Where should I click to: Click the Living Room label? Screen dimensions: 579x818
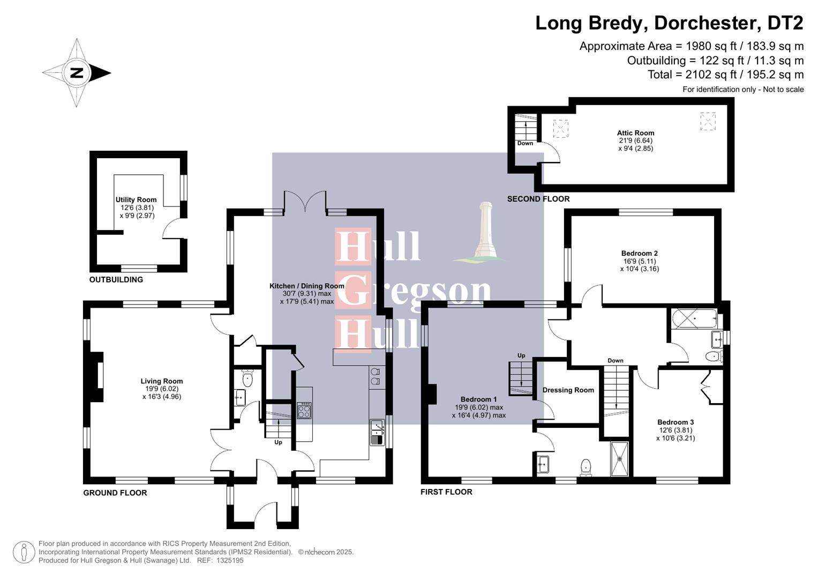[x=162, y=381]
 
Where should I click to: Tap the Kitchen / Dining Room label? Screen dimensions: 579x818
[x=306, y=286]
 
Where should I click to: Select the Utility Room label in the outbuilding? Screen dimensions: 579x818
[x=136, y=200]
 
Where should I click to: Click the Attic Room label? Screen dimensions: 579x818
[x=635, y=133]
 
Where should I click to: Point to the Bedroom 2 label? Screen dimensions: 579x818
[x=639, y=254]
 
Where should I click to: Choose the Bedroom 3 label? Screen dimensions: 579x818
[x=676, y=422]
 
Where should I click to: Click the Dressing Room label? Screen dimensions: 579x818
[x=568, y=390]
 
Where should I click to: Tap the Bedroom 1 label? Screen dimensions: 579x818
[x=478, y=399]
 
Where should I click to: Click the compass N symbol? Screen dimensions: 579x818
[x=77, y=73]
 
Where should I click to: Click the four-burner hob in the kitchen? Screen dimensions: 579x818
[x=304, y=411]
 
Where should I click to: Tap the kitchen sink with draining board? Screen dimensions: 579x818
[x=377, y=433]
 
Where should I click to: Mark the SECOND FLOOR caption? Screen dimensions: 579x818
[x=538, y=199]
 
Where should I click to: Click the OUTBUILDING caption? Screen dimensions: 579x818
[x=116, y=280]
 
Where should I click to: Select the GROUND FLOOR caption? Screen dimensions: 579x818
[x=115, y=493]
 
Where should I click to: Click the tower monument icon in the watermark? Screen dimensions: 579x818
[x=485, y=231]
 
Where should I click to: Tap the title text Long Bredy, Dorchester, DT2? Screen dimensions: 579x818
[x=669, y=23]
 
